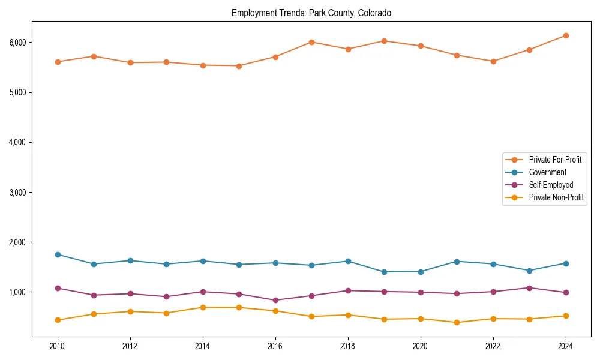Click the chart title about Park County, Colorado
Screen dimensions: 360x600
tap(311, 13)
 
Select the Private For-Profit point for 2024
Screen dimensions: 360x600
tap(565, 36)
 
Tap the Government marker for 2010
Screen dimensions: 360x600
tap(58, 254)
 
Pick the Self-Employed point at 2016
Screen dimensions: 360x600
tap(275, 300)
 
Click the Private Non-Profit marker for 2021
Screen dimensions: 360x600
tap(457, 322)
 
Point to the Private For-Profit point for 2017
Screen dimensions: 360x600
tap(311, 42)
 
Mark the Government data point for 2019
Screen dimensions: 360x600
tap(384, 272)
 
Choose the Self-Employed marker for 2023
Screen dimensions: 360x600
tap(529, 288)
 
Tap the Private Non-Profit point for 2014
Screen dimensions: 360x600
tap(203, 307)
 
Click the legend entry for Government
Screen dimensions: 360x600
tap(547, 172)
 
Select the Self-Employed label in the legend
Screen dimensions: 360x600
tap(551, 185)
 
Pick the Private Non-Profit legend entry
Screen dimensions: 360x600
tap(556, 197)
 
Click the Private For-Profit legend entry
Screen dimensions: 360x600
tap(555, 160)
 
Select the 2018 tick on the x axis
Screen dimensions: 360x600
tap(348, 346)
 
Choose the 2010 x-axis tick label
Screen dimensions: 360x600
tap(58, 346)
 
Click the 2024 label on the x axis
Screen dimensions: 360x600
tap(565, 346)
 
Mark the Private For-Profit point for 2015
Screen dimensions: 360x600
tap(239, 66)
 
